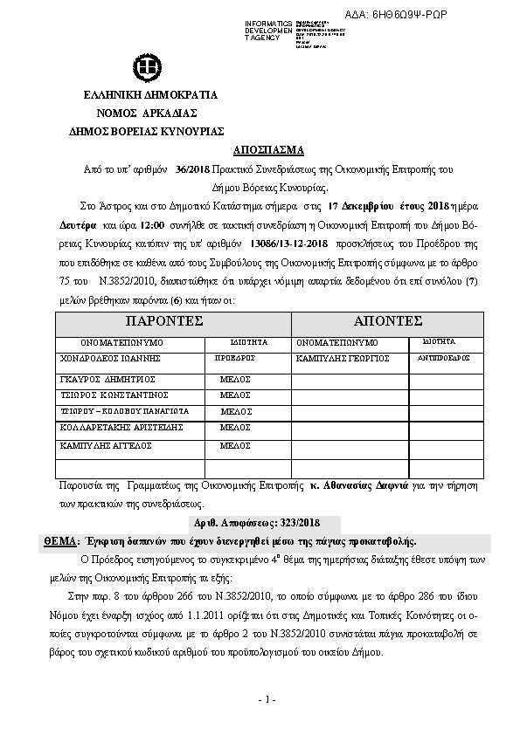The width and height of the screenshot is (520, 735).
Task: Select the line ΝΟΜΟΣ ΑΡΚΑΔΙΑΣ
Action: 146,113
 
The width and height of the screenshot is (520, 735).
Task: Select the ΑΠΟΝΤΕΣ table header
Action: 386,321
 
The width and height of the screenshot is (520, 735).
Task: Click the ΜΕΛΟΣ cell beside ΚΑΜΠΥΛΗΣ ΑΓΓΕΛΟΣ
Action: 235,445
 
